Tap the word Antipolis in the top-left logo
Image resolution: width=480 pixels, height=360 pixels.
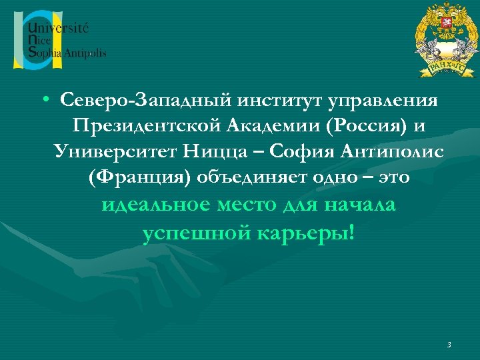[84, 53]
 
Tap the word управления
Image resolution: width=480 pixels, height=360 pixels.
[387, 101]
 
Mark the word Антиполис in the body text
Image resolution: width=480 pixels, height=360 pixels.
[396, 153]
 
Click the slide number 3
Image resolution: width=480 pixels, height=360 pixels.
[449, 345]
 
